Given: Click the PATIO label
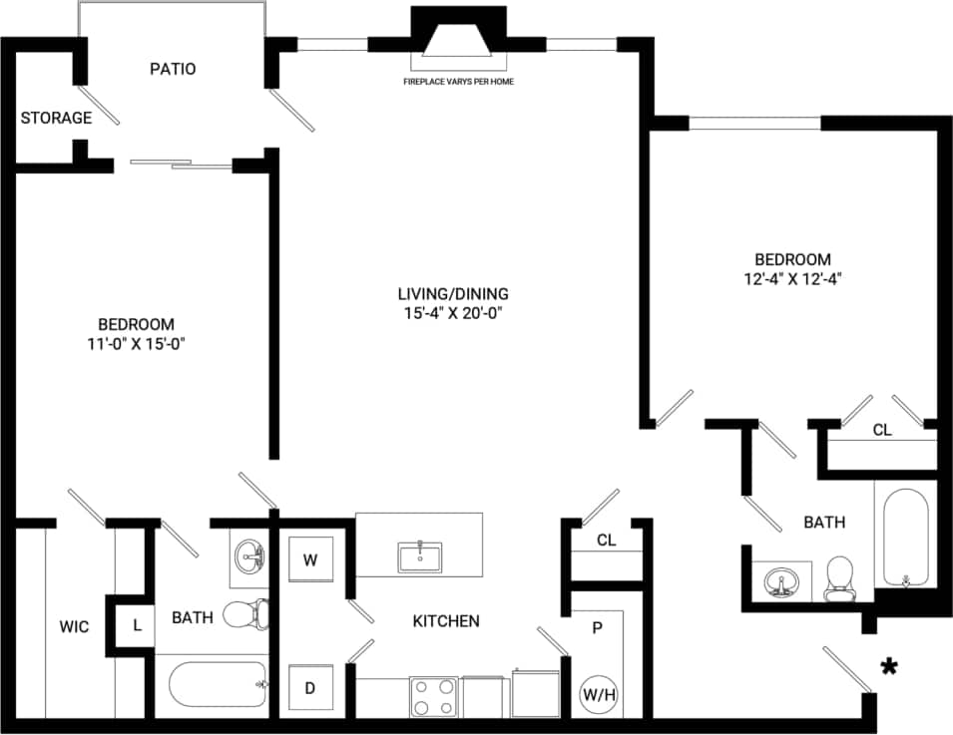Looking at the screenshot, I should click(x=173, y=69).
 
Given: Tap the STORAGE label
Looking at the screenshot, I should click(x=56, y=118).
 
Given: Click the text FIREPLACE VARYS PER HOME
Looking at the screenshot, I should click(x=458, y=81).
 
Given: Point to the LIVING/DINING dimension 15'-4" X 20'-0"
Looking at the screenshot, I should click(x=453, y=312).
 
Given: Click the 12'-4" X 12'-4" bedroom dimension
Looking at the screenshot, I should click(x=793, y=278).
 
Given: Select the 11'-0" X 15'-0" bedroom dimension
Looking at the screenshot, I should click(x=136, y=344).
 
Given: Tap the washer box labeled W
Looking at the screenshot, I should click(x=310, y=559).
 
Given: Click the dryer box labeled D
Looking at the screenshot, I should click(x=310, y=688).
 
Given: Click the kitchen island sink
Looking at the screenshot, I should click(x=421, y=556).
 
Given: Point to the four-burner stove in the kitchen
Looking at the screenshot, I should click(x=433, y=695).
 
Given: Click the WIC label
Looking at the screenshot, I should click(x=74, y=626).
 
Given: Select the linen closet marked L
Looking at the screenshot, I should click(x=137, y=625).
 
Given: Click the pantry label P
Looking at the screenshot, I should click(x=597, y=628).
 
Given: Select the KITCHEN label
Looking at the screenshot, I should click(x=446, y=620).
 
